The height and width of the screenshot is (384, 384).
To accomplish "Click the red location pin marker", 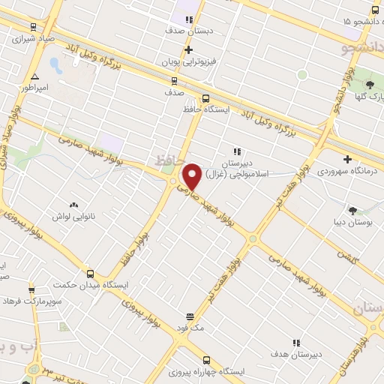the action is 192,177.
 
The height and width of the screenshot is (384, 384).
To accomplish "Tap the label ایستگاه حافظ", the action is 205,109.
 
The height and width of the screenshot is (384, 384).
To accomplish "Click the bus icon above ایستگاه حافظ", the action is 205,97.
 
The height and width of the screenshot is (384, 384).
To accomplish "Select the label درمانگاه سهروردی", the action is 349,172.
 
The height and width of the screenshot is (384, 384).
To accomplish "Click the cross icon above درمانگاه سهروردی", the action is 347,158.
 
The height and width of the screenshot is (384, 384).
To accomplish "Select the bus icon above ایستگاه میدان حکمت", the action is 90,274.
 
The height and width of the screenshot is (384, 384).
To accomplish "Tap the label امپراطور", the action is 34,88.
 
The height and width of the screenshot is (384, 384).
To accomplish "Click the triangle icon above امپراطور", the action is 34,76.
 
